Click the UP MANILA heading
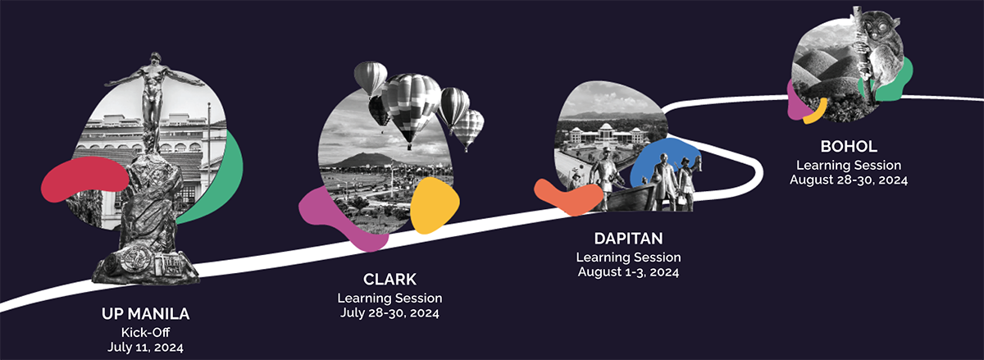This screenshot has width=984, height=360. pos(145,314)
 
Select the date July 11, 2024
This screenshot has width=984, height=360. pos(145,347)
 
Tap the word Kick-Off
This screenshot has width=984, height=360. pos(145,331)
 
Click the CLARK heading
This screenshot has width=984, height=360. pos(389,280)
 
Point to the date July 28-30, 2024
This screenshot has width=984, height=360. pos(389,312)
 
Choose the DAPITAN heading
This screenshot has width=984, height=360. pos(628,239)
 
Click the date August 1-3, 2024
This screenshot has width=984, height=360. pos(628,271)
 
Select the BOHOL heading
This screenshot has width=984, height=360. pos(849,147)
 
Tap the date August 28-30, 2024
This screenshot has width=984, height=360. pos(849,179)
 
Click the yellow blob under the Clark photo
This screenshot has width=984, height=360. pos(434,206)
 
